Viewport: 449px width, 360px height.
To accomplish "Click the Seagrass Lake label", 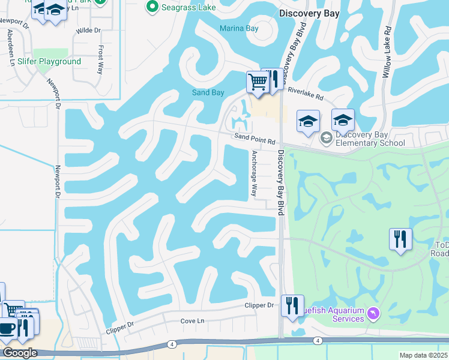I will (x=182, y=7).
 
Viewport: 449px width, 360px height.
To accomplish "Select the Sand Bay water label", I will (x=208, y=92).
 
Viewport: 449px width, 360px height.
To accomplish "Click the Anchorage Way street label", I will (x=254, y=174).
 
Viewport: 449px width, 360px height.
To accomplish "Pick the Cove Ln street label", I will (x=193, y=322).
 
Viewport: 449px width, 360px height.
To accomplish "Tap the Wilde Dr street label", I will (x=88, y=29).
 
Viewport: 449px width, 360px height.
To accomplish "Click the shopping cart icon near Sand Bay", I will (x=258, y=82).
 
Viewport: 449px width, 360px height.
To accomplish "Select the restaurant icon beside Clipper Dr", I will (x=292, y=305).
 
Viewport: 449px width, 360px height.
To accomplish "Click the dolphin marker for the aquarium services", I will (x=375, y=314).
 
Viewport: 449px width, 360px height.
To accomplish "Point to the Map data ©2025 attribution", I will (x=424, y=355).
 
